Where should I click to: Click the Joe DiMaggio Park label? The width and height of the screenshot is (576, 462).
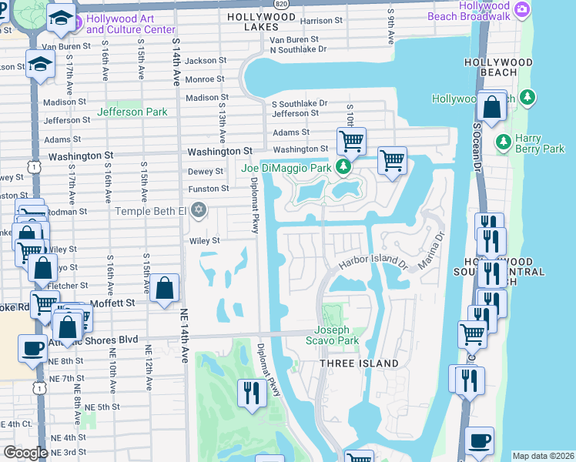coord(286,168)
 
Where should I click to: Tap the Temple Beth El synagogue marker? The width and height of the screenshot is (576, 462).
coord(199,209)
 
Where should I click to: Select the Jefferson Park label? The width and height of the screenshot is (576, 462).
coord(132,112)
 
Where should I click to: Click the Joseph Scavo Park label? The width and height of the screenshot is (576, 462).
coord(337,336)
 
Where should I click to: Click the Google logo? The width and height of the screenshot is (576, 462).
coord(25,453)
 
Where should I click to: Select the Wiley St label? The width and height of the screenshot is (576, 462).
coord(205,240)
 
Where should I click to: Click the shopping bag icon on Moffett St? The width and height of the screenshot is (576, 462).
coord(165,289)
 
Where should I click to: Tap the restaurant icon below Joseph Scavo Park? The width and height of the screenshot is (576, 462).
coord(251,393)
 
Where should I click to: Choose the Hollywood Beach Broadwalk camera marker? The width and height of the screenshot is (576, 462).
coord(522,9)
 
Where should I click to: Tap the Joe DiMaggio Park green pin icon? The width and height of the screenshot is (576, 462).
coord(345,167)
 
